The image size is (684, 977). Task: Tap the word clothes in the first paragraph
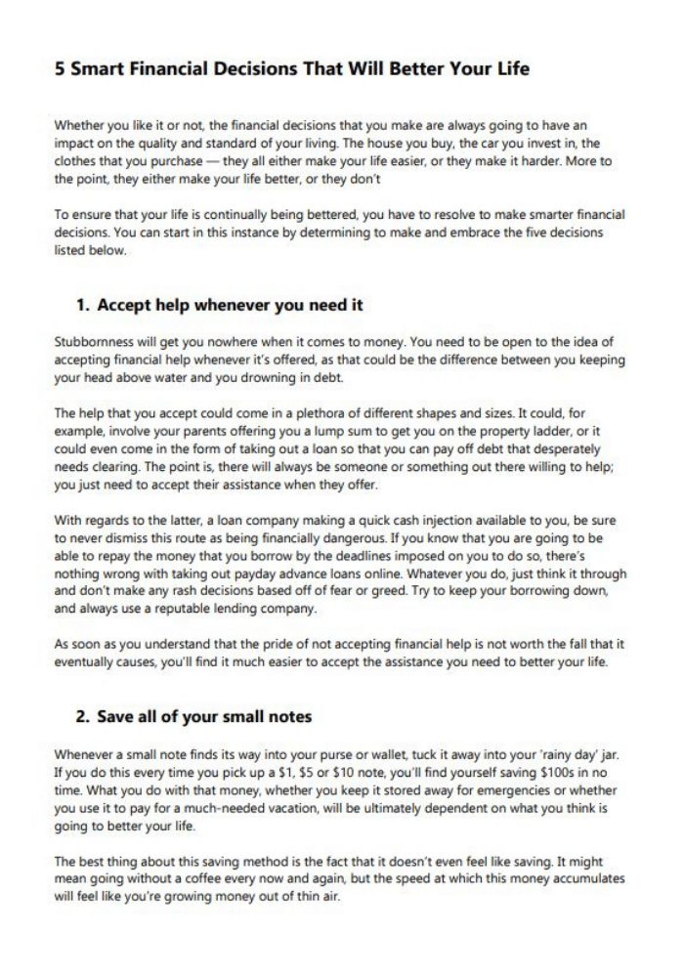tap(76, 161)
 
